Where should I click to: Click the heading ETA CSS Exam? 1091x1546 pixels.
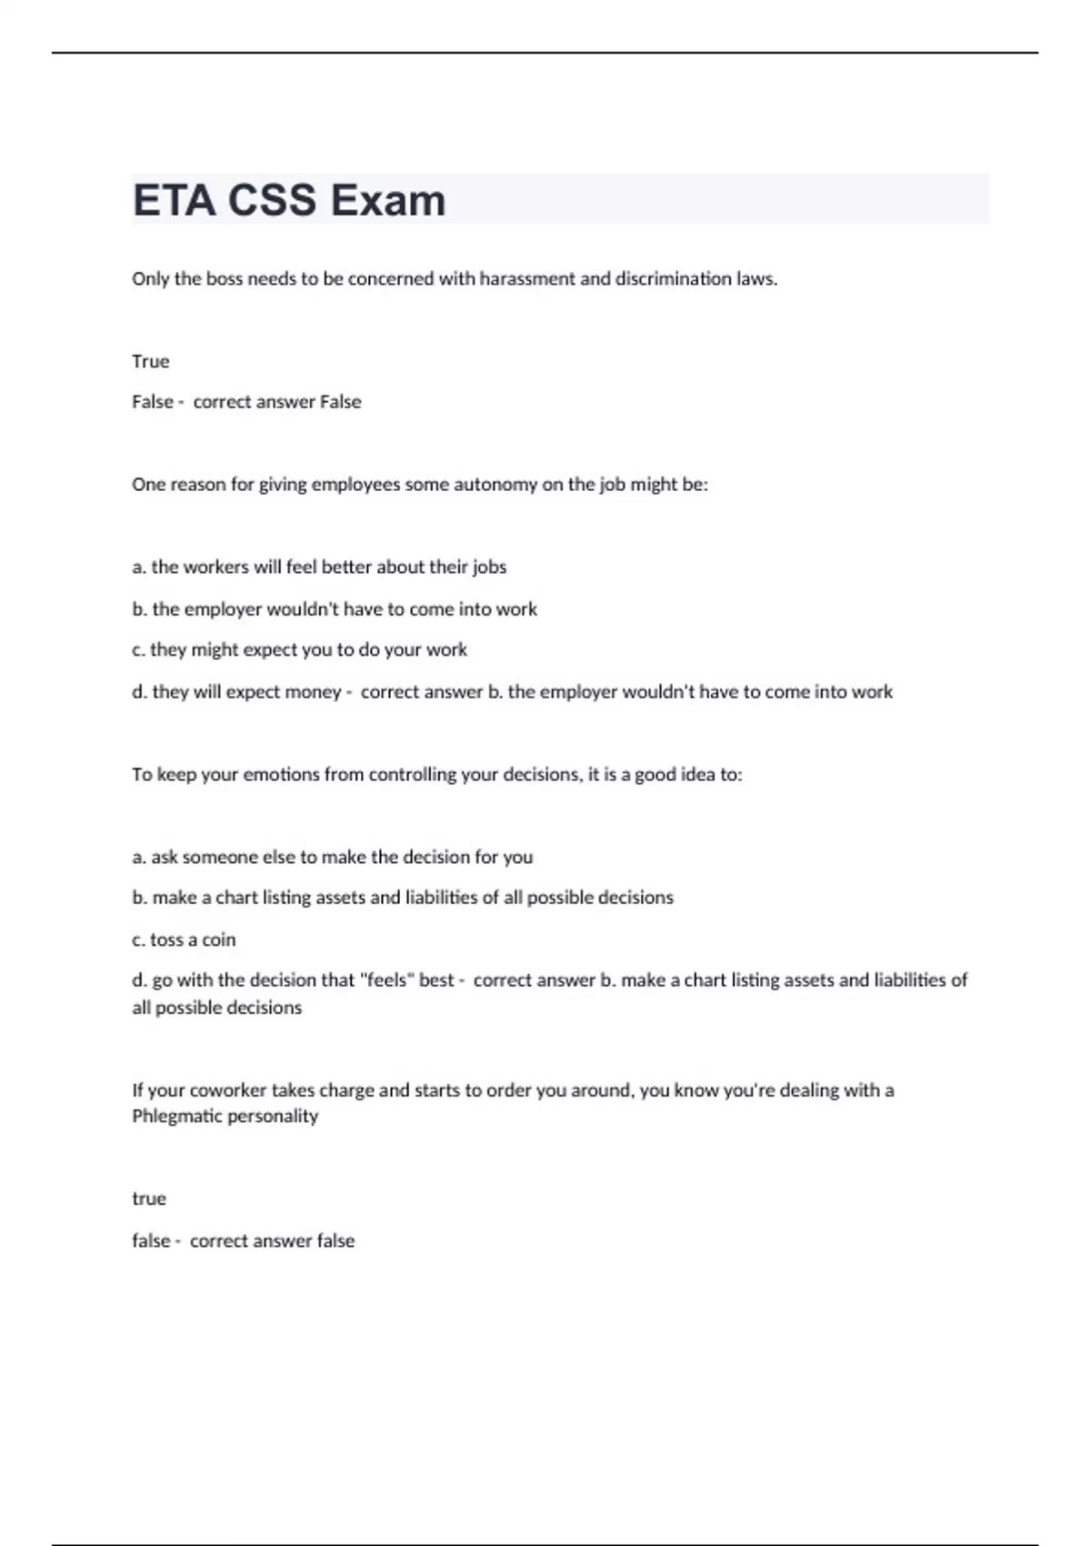(x=289, y=200)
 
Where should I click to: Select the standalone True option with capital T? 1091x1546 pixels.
(x=151, y=361)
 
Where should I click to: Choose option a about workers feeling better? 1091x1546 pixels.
(x=319, y=567)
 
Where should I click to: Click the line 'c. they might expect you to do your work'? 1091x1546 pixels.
(x=299, y=649)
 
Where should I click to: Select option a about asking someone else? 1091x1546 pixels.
(x=333, y=857)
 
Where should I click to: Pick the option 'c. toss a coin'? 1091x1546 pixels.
(x=184, y=939)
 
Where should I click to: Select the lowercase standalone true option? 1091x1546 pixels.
(x=149, y=1199)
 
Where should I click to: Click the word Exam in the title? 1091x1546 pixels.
(x=388, y=200)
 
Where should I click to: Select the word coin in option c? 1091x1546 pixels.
(x=218, y=939)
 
